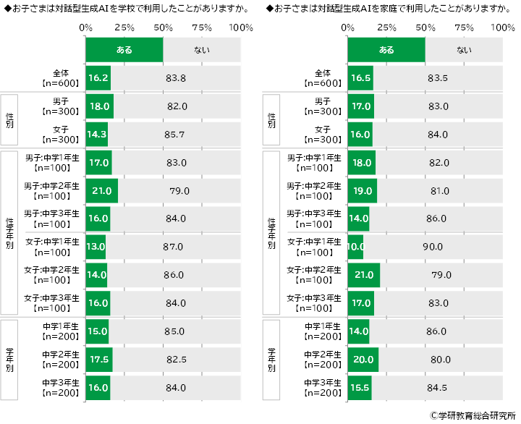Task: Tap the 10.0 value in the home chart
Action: point(355,247)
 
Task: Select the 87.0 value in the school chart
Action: point(173,247)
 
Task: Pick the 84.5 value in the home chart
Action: point(436,387)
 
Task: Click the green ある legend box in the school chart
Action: point(124,50)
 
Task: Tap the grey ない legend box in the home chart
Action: point(463,50)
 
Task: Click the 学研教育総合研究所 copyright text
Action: point(471,416)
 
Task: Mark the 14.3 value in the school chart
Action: point(96,135)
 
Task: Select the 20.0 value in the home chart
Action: point(362,359)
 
